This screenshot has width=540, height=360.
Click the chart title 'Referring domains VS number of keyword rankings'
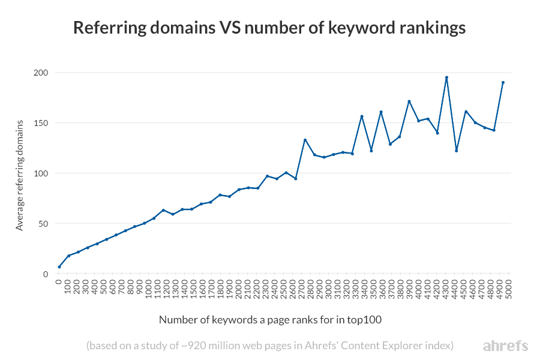pos(269,28)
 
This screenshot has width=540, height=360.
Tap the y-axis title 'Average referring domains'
pos(20,175)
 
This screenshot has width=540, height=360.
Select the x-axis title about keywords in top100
pos(270,320)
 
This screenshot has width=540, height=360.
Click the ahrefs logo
pos(505,346)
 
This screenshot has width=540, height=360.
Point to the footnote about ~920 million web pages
pos(269,346)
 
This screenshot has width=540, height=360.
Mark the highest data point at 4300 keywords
pos(446,77)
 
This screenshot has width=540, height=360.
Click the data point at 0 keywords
pos(59,267)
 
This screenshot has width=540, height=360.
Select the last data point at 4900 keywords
pos(503,82)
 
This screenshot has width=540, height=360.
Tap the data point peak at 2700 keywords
pos(305,140)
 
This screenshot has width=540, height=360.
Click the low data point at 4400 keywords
pos(456,151)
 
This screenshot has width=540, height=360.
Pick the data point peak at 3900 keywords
pos(409,101)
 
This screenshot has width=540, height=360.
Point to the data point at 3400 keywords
pos(362,116)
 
